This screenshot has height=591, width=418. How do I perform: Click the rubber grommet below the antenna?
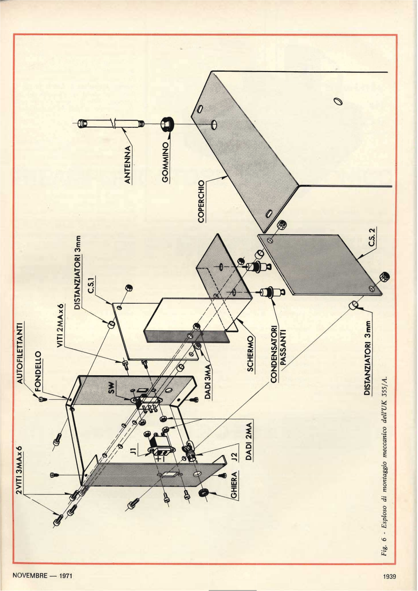point(166,126)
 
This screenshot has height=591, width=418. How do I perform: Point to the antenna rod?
point(107,123)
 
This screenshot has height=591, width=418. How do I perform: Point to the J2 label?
point(233,457)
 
